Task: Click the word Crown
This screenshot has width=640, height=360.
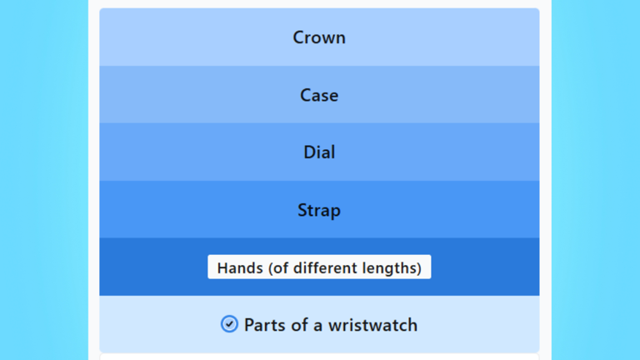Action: click(319, 37)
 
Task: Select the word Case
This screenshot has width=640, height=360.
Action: click(319, 96)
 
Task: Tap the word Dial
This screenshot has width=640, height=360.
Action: click(319, 152)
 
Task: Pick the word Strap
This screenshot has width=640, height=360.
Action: click(319, 210)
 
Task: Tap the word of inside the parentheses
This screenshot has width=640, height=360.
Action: click(282, 268)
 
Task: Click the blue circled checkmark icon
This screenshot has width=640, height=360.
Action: click(229, 324)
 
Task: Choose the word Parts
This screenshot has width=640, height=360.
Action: click(265, 325)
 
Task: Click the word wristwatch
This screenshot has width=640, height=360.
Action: click(373, 325)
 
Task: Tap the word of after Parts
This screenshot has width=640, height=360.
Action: click(300, 325)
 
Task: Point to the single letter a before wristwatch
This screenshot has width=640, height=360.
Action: click(318, 327)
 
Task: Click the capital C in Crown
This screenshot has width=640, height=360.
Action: click(299, 37)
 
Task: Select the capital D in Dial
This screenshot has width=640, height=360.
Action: click(310, 152)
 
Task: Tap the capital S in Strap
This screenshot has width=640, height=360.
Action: click(302, 210)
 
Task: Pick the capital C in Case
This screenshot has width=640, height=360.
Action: click(306, 96)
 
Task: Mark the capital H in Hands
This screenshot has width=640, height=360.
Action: click(222, 268)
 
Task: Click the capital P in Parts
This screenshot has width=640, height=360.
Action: click(249, 325)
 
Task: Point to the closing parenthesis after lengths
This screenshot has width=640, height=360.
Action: click(419, 268)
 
